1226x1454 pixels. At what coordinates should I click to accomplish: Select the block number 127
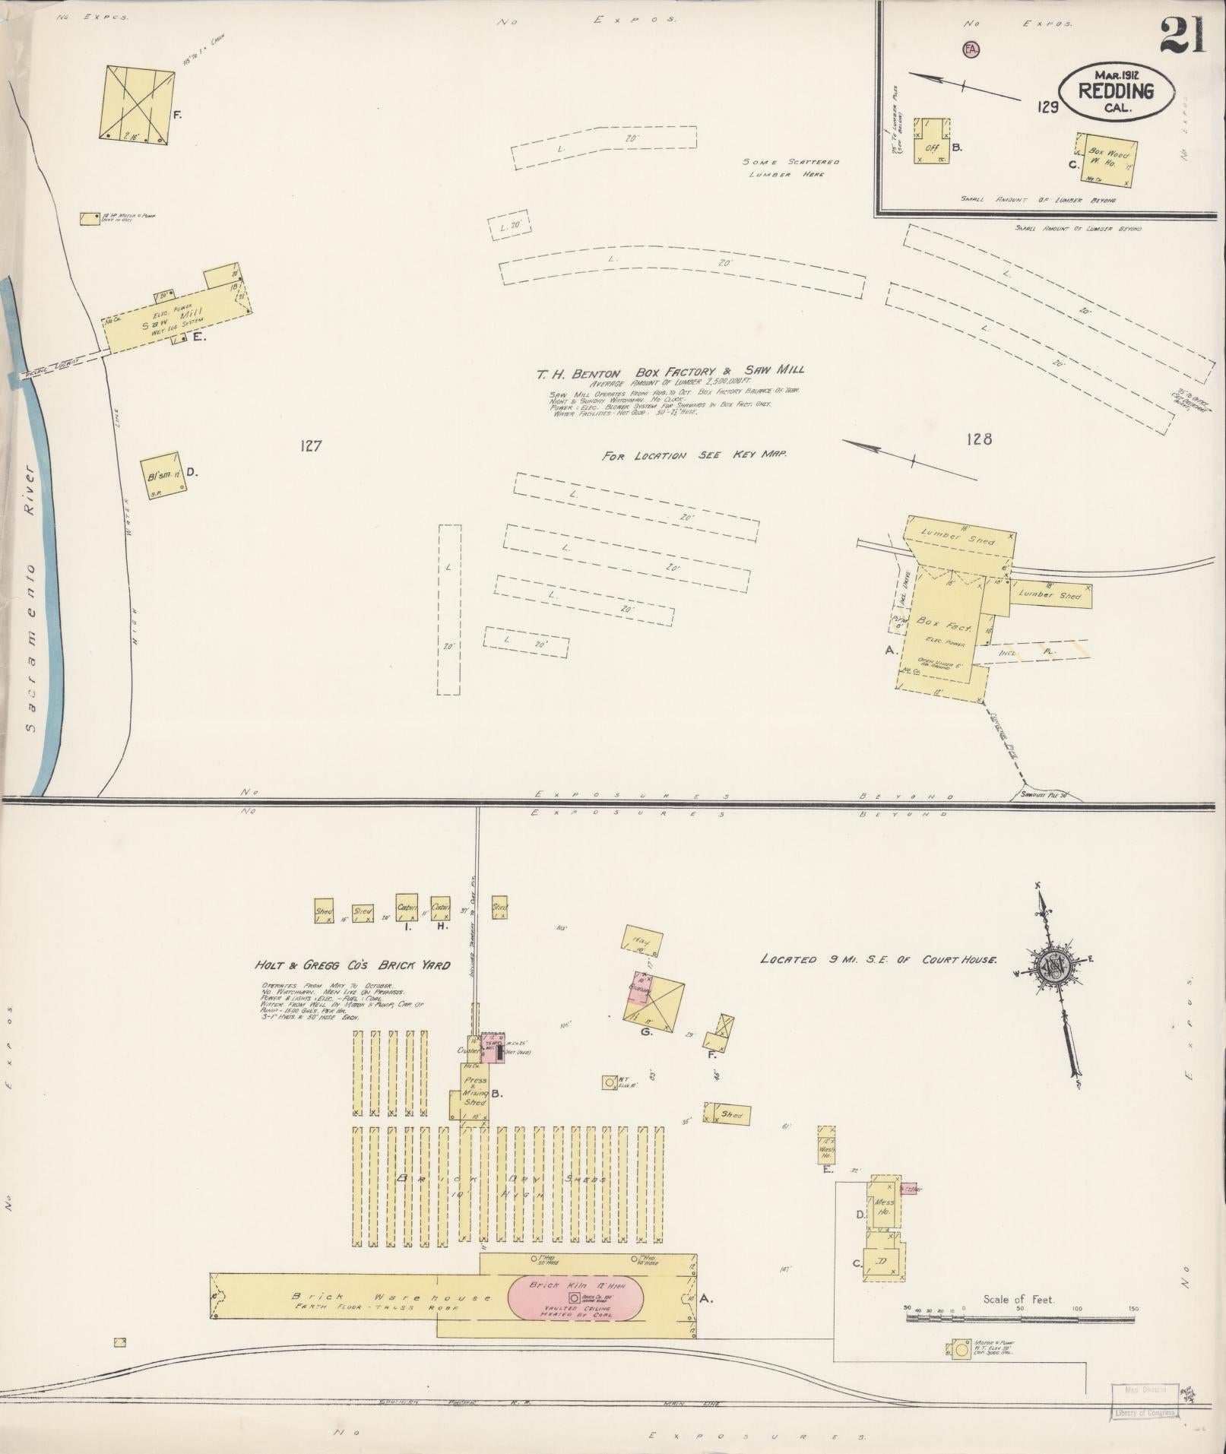point(311,446)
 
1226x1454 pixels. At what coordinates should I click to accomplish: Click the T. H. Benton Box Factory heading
point(670,372)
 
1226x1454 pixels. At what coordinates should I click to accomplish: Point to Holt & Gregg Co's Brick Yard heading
point(353,965)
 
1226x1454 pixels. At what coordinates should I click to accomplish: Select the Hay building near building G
point(642,942)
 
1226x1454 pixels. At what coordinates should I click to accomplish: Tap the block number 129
point(1047,107)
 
